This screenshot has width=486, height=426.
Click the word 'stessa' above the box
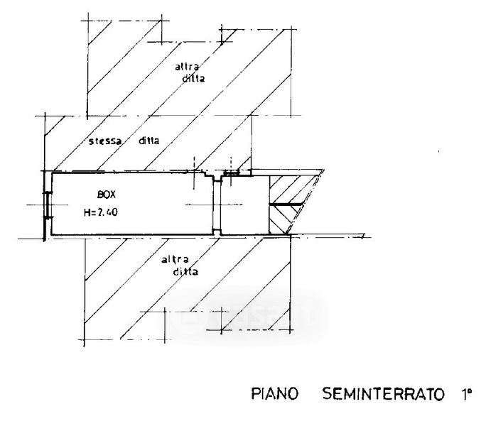(104, 141)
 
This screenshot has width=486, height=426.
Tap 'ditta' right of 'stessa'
(148, 141)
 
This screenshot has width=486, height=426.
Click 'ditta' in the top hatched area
(193, 79)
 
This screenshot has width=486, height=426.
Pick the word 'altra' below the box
(175, 260)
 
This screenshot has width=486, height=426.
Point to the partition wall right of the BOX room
(216, 206)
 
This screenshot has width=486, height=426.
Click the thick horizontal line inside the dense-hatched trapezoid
(285, 205)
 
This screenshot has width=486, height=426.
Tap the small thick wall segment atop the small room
(232, 173)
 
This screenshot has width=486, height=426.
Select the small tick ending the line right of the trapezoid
(364, 236)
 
